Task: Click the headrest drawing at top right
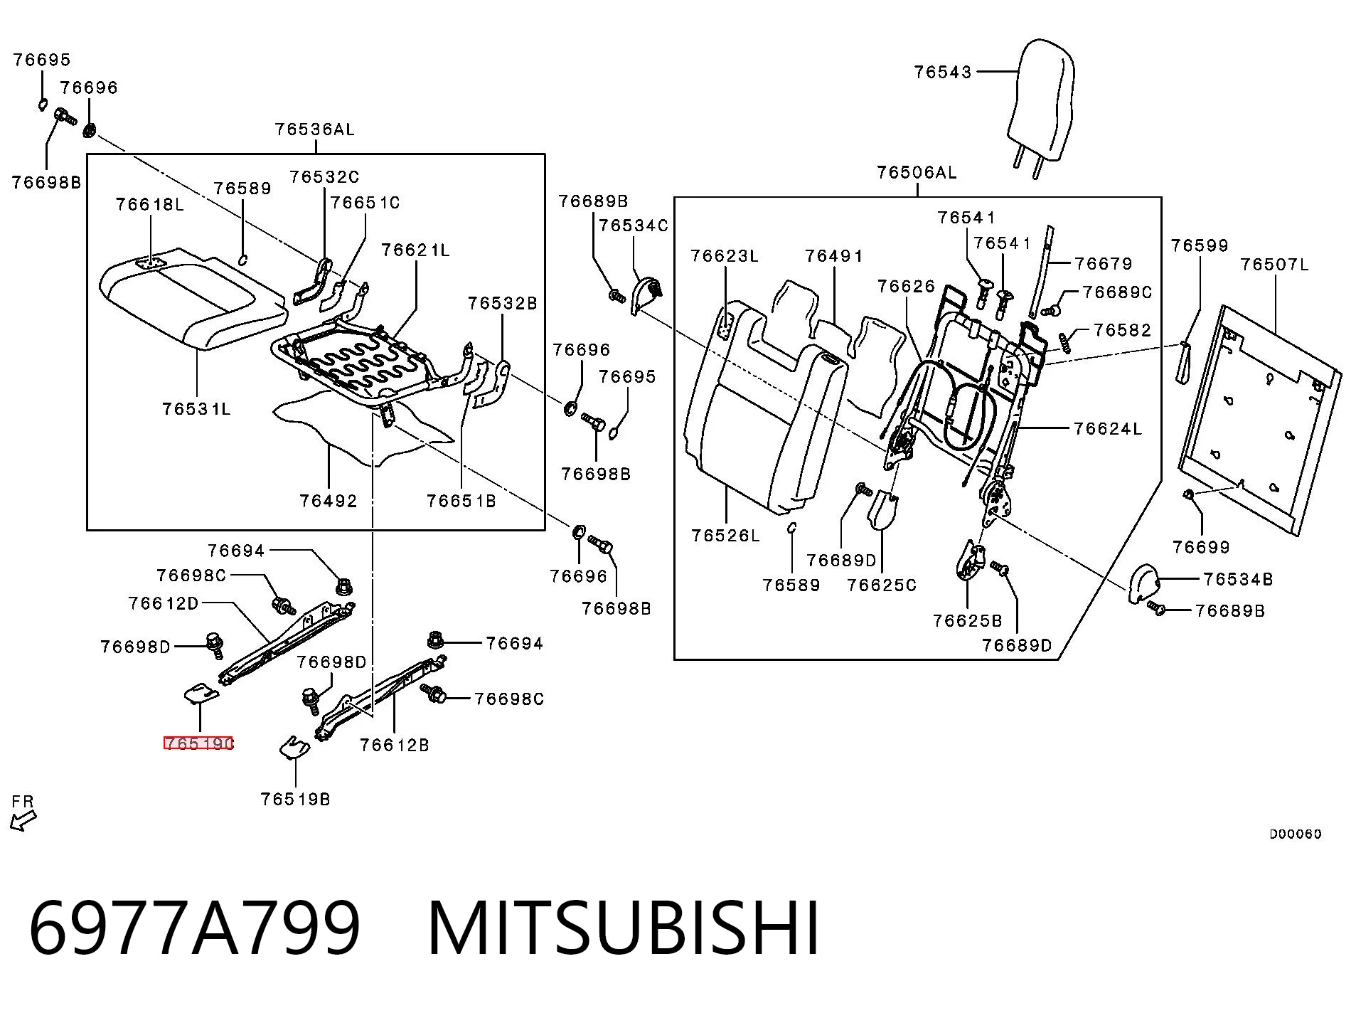(1041, 107)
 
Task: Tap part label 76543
(943, 72)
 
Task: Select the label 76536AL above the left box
(314, 129)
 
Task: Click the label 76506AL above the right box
(917, 173)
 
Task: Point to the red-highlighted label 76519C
(198, 743)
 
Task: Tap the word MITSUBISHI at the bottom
(624, 928)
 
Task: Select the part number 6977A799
(194, 928)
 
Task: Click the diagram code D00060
(1296, 834)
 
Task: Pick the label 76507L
(1274, 265)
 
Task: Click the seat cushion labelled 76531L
(192, 299)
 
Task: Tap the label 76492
(328, 501)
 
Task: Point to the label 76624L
(1108, 428)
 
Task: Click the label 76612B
(394, 745)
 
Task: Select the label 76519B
(295, 799)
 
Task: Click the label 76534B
(1238, 579)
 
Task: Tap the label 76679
(1104, 264)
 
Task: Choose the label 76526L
(725, 536)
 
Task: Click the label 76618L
(150, 205)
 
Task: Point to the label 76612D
(164, 603)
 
